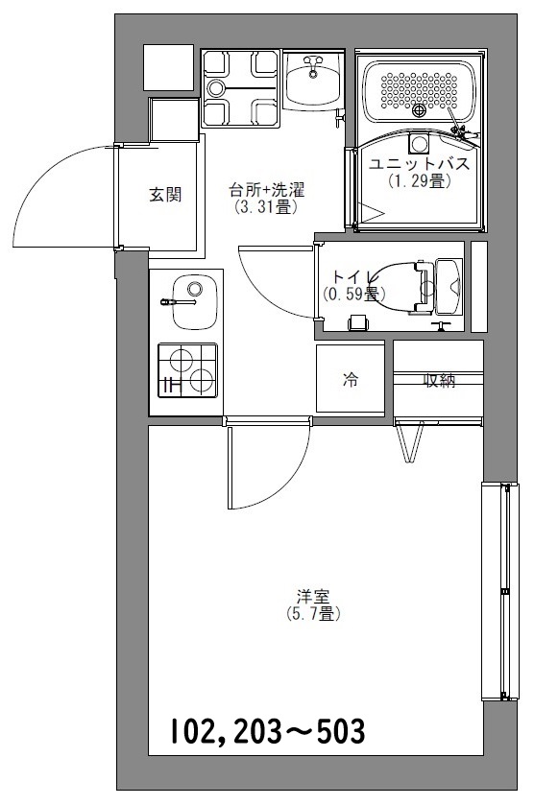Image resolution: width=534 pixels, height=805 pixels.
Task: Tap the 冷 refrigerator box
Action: coord(352,380)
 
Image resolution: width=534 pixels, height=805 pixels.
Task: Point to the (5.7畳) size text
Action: coord(313,612)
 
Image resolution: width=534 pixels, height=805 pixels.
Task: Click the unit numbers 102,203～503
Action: coord(268,732)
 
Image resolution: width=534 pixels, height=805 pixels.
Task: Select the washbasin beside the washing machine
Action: coord(313,81)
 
